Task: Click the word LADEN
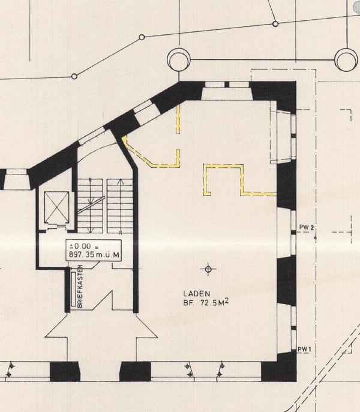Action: click(x=196, y=293)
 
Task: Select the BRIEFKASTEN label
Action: click(x=80, y=286)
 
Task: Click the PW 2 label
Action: click(x=307, y=227)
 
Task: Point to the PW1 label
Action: click(x=304, y=350)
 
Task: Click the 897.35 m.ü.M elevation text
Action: click(x=94, y=255)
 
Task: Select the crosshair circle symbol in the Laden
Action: click(x=208, y=269)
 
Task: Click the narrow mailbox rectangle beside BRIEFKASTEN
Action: click(x=73, y=289)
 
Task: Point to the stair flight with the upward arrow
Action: click(x=120, y=206)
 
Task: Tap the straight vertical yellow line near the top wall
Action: click(x=178, y=119)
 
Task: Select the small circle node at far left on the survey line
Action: click(x=74, y=76)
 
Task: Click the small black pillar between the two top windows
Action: click(x=227, y=85)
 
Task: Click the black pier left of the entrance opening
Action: click(x=65, y=372)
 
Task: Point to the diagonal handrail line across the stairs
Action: click(x=91, y=205)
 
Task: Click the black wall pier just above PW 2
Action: click(x=287, y=186)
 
